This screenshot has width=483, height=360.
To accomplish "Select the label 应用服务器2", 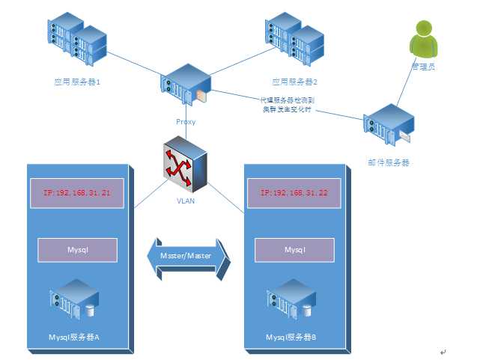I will click(x=294, y=82).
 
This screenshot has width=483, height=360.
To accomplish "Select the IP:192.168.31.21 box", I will click(x=74, y=193).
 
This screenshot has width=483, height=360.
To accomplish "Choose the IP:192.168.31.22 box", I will click(x=294, y=193).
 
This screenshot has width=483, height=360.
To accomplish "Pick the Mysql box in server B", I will click(x=294, y=249).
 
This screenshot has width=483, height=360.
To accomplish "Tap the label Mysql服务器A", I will click(x=74, y=338).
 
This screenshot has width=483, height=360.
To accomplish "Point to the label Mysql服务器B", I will click(x=291, y=338).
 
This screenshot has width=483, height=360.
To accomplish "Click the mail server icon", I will click(x=388, y=125).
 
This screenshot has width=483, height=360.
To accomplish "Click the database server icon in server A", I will click(x=76, y=299).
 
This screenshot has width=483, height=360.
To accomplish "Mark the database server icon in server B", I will click(x=293, y=299).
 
